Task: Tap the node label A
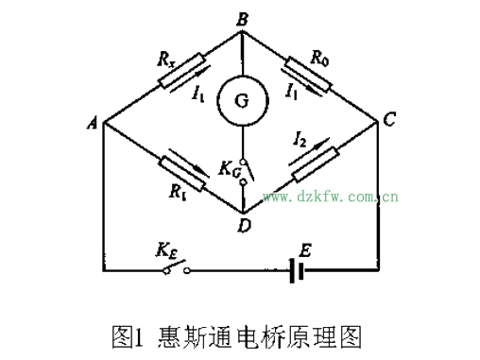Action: coord(94,124)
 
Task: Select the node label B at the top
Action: coord(242,16)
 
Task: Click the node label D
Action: coord(245,225)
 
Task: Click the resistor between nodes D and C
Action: coord(315,164)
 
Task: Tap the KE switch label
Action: coord(166,251)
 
